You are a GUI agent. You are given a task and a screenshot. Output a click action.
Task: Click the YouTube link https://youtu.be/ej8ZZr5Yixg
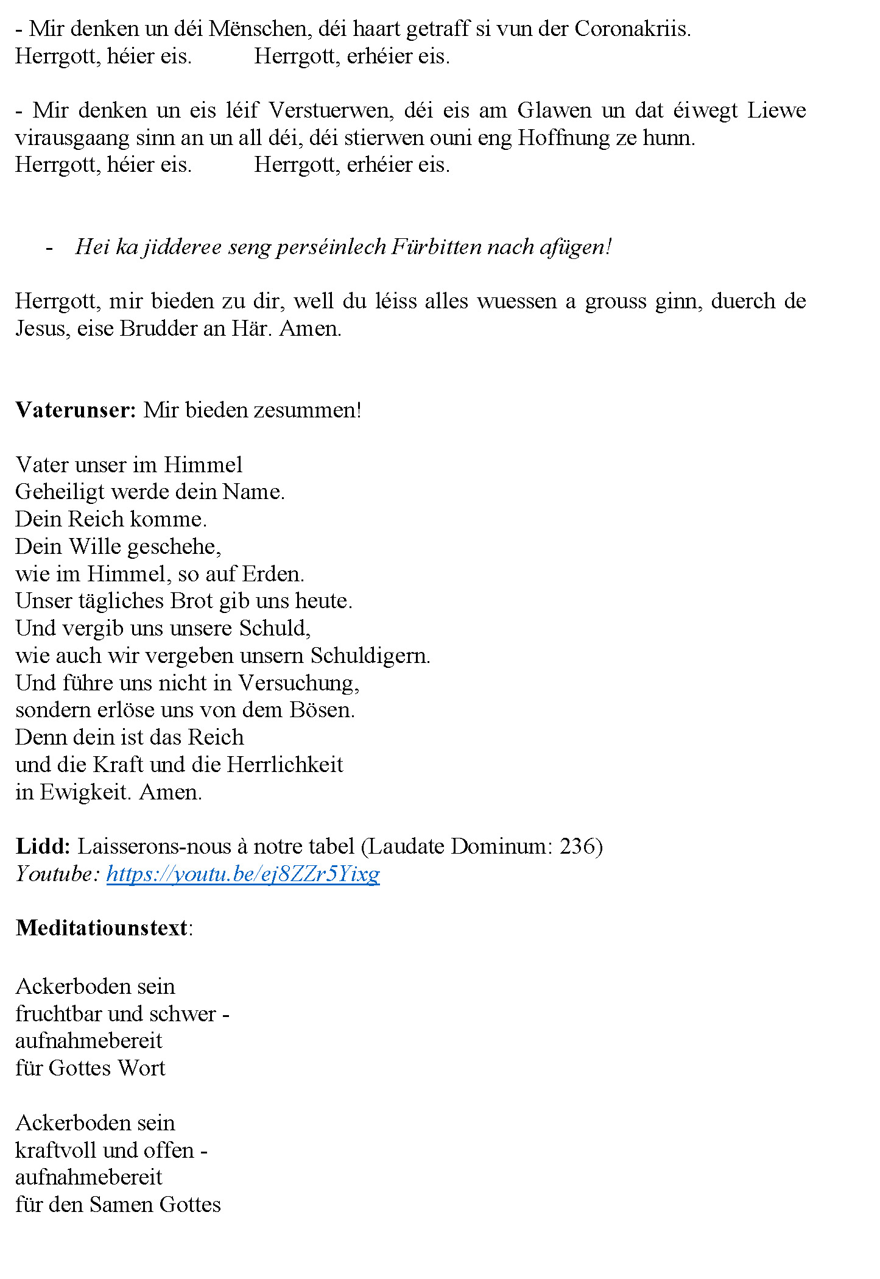(243, 874)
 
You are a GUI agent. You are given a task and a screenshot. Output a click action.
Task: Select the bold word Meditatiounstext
(102, 928)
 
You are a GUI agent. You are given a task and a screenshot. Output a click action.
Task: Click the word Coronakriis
(632, 29)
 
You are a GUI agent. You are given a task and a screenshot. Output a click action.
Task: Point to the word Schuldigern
(370, 656)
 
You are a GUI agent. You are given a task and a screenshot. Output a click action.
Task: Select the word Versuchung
(298, 683)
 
